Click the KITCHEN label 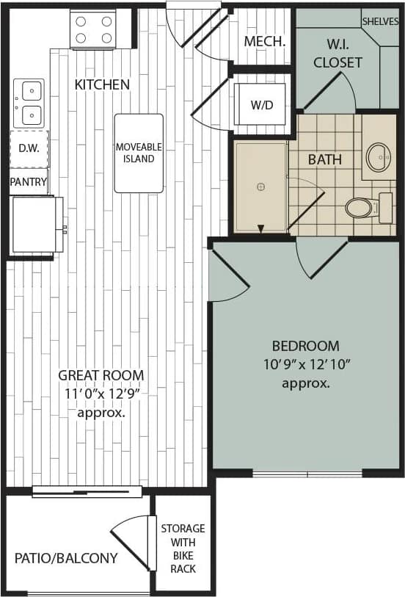(102, 84)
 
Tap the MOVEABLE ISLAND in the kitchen (139, 153)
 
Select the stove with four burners (93, 29)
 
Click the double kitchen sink (30, 103)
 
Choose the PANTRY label (29, 182)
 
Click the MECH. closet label (264, 41)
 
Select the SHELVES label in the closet (380, 21)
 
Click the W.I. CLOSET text (337, 54)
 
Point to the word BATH (324, 159)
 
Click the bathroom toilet (361, 208)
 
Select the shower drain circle (260, 187)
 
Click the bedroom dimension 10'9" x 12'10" (305, 364)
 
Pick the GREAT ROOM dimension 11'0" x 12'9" (101, 394)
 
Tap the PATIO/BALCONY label (66, 558)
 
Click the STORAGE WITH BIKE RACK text (183, 549)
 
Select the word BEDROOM (305, 346)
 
